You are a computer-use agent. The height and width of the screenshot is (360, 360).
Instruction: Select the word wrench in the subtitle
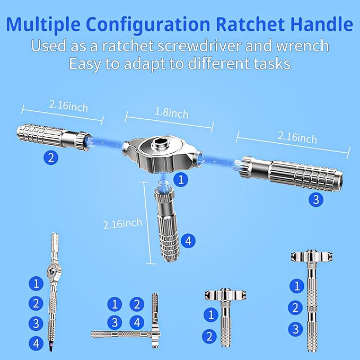[x=302, y=46]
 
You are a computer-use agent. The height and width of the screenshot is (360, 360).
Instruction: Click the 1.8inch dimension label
[x=171, y=112]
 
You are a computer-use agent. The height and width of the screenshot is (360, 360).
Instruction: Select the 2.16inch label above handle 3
[x=297, y=137]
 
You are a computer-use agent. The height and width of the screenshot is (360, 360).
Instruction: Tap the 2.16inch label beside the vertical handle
[x=123, y=223]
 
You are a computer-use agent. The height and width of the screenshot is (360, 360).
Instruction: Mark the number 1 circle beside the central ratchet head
[x=181, y=179]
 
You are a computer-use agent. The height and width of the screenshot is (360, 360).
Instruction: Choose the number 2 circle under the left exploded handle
[x=51, y=157]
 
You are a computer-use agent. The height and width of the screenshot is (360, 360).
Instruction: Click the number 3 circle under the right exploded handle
[x=316, y=199]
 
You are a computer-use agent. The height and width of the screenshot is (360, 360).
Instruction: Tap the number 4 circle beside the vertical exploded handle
[x=188, y=241]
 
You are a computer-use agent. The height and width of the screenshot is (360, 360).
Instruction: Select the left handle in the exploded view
[x=54, y=137]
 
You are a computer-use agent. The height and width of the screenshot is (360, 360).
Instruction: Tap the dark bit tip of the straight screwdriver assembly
[x=50, y=346]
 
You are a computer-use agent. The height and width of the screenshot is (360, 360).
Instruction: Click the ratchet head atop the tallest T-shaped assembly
[x=312, y=256]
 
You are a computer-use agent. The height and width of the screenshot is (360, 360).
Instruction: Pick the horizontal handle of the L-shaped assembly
[x=122, y=334]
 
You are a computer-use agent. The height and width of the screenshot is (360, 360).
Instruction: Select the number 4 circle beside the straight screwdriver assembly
[x=36, y=344]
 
